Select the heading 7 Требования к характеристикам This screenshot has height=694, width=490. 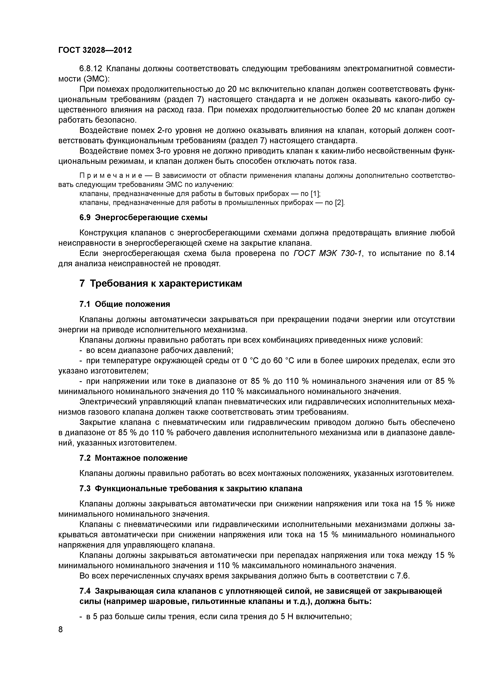coord(161,283)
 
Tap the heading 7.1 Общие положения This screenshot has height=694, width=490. coord(125,304)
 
